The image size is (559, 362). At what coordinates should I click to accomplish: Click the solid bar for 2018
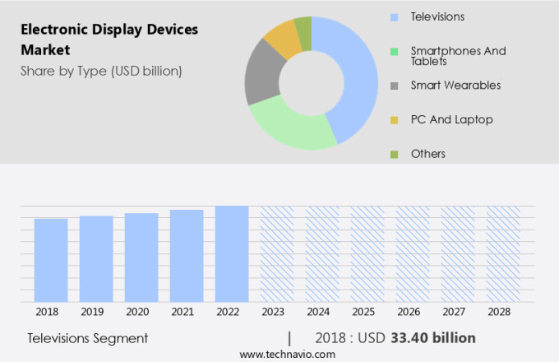pos(51,260)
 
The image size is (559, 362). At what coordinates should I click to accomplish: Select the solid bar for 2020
pos(141,258)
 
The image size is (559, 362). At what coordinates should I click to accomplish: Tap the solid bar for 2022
pos(232,253)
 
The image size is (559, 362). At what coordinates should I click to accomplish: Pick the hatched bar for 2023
pos(277,253)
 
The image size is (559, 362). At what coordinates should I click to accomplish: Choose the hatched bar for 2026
pos(413,253)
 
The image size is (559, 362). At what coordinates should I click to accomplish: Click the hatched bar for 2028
pos(502,253)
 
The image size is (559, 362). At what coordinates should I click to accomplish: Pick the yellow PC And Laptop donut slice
pos(283,38)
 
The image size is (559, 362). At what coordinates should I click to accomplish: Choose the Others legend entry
pos(427,154)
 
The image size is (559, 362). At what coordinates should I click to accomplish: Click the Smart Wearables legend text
pos(455,85)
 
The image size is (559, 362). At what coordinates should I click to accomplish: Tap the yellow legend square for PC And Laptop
pos(394,120)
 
